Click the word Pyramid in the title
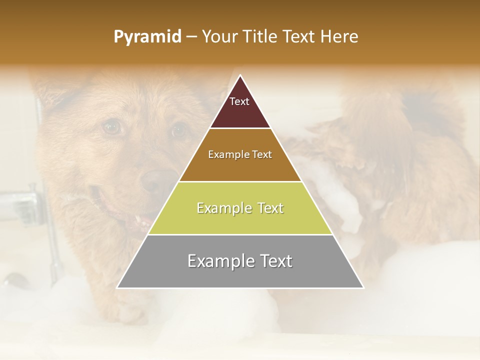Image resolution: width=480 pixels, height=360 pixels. point(147,37)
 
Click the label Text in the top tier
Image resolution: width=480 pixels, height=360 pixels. point(239,101)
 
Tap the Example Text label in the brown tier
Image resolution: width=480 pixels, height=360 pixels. point(240,154)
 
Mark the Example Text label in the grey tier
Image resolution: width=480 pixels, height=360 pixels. point(240,261)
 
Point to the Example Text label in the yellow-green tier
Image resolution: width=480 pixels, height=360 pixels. point(240,208)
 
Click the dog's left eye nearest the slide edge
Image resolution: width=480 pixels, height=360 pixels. point(112,127)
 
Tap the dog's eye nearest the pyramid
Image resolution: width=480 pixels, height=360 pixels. point(178,130)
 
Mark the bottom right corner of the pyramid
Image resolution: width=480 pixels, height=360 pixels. point(363,287)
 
